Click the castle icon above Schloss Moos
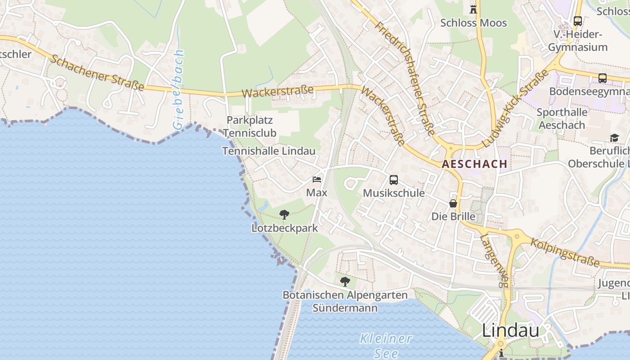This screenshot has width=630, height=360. pyautogui.click(x=473, y=9)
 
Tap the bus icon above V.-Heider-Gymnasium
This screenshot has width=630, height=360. pyautogui.click(x=578, y=21)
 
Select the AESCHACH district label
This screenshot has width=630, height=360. pyautogui.click(x=474, y=164)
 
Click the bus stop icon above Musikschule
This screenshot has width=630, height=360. pyautogui.click(x=394, y=180)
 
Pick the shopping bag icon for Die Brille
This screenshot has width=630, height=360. pyautogui.click(x=453, y=203)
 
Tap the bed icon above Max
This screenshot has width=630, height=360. pyautogui.click(x=317, y=180)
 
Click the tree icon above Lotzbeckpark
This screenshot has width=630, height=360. pyautogui.click(x=284, y=215)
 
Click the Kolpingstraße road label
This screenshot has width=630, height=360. pyautogui.click(x=565, y=252)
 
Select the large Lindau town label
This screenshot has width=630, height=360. pyautogui.click(x=510, y=331)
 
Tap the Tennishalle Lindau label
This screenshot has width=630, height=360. pyautogui.click(x=269, y=151)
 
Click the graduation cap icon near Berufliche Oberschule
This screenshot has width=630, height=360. pyautogui.click(x=614, y=138)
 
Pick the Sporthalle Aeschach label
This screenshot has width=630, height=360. pyautogui.click(x=562, y=118)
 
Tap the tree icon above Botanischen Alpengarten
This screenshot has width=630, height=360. pyautogui.click(x=345, y=282)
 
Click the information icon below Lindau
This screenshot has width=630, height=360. pyautogui.click(x=501, y=353)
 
